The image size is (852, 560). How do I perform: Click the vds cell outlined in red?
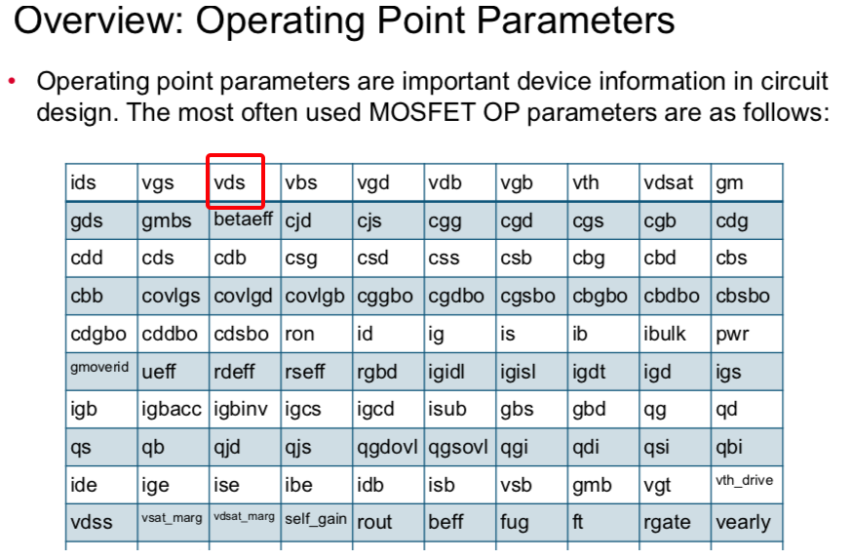click(235, 181)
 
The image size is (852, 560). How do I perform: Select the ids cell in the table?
click(101, 182)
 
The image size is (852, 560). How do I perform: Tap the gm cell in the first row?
click(747, 182)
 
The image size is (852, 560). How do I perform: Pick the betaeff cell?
click(245, 220)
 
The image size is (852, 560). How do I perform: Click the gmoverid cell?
click(101, 372)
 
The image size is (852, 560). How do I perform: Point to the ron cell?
click(316, 334)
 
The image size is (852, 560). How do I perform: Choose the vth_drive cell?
click(747, 485)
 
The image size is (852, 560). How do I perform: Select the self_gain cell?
click(316, 522)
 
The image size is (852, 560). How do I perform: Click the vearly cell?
click(747, 522)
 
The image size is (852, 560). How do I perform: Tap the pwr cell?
click(747, 334)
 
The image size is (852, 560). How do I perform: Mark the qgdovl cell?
click(388, 447)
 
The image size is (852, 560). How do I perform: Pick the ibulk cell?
click(675, 334)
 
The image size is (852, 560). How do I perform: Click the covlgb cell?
click(316, 296)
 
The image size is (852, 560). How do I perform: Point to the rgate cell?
click(675, 522)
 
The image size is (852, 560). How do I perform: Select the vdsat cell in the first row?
click(675, 182)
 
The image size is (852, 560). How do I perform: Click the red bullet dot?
click(12, 82)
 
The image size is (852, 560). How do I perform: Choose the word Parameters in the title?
click(575, 20)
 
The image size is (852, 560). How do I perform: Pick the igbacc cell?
click(174, 409)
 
